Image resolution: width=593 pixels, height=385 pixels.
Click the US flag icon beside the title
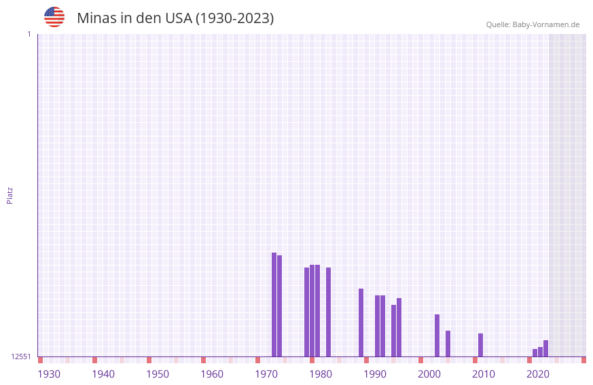coord(54,17)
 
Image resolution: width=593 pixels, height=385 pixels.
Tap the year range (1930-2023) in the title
coord(234,18)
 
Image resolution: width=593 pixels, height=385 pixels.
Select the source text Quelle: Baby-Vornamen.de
coord(533,24)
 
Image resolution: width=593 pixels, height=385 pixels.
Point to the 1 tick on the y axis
coord(29,34)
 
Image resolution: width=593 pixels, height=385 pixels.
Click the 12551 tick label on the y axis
coord(21,356)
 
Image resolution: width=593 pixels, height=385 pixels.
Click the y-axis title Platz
coord(10,195)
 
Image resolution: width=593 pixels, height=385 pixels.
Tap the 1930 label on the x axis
coord(49,374)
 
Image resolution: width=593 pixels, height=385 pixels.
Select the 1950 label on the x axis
coord(158,374)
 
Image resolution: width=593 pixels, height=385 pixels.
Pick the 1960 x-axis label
coord(212,374)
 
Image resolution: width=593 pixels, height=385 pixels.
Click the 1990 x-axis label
coord(375,374)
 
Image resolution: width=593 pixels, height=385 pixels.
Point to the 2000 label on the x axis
coord(429,374)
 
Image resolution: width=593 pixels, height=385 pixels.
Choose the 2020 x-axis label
coord(538,374)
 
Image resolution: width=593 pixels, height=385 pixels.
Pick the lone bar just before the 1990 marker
coord(361,323)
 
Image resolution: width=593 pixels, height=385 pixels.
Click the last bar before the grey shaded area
coord(546,348)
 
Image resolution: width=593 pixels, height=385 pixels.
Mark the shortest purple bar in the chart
coord(535,352)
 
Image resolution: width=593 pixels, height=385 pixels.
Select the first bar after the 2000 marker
coord(437,335)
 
